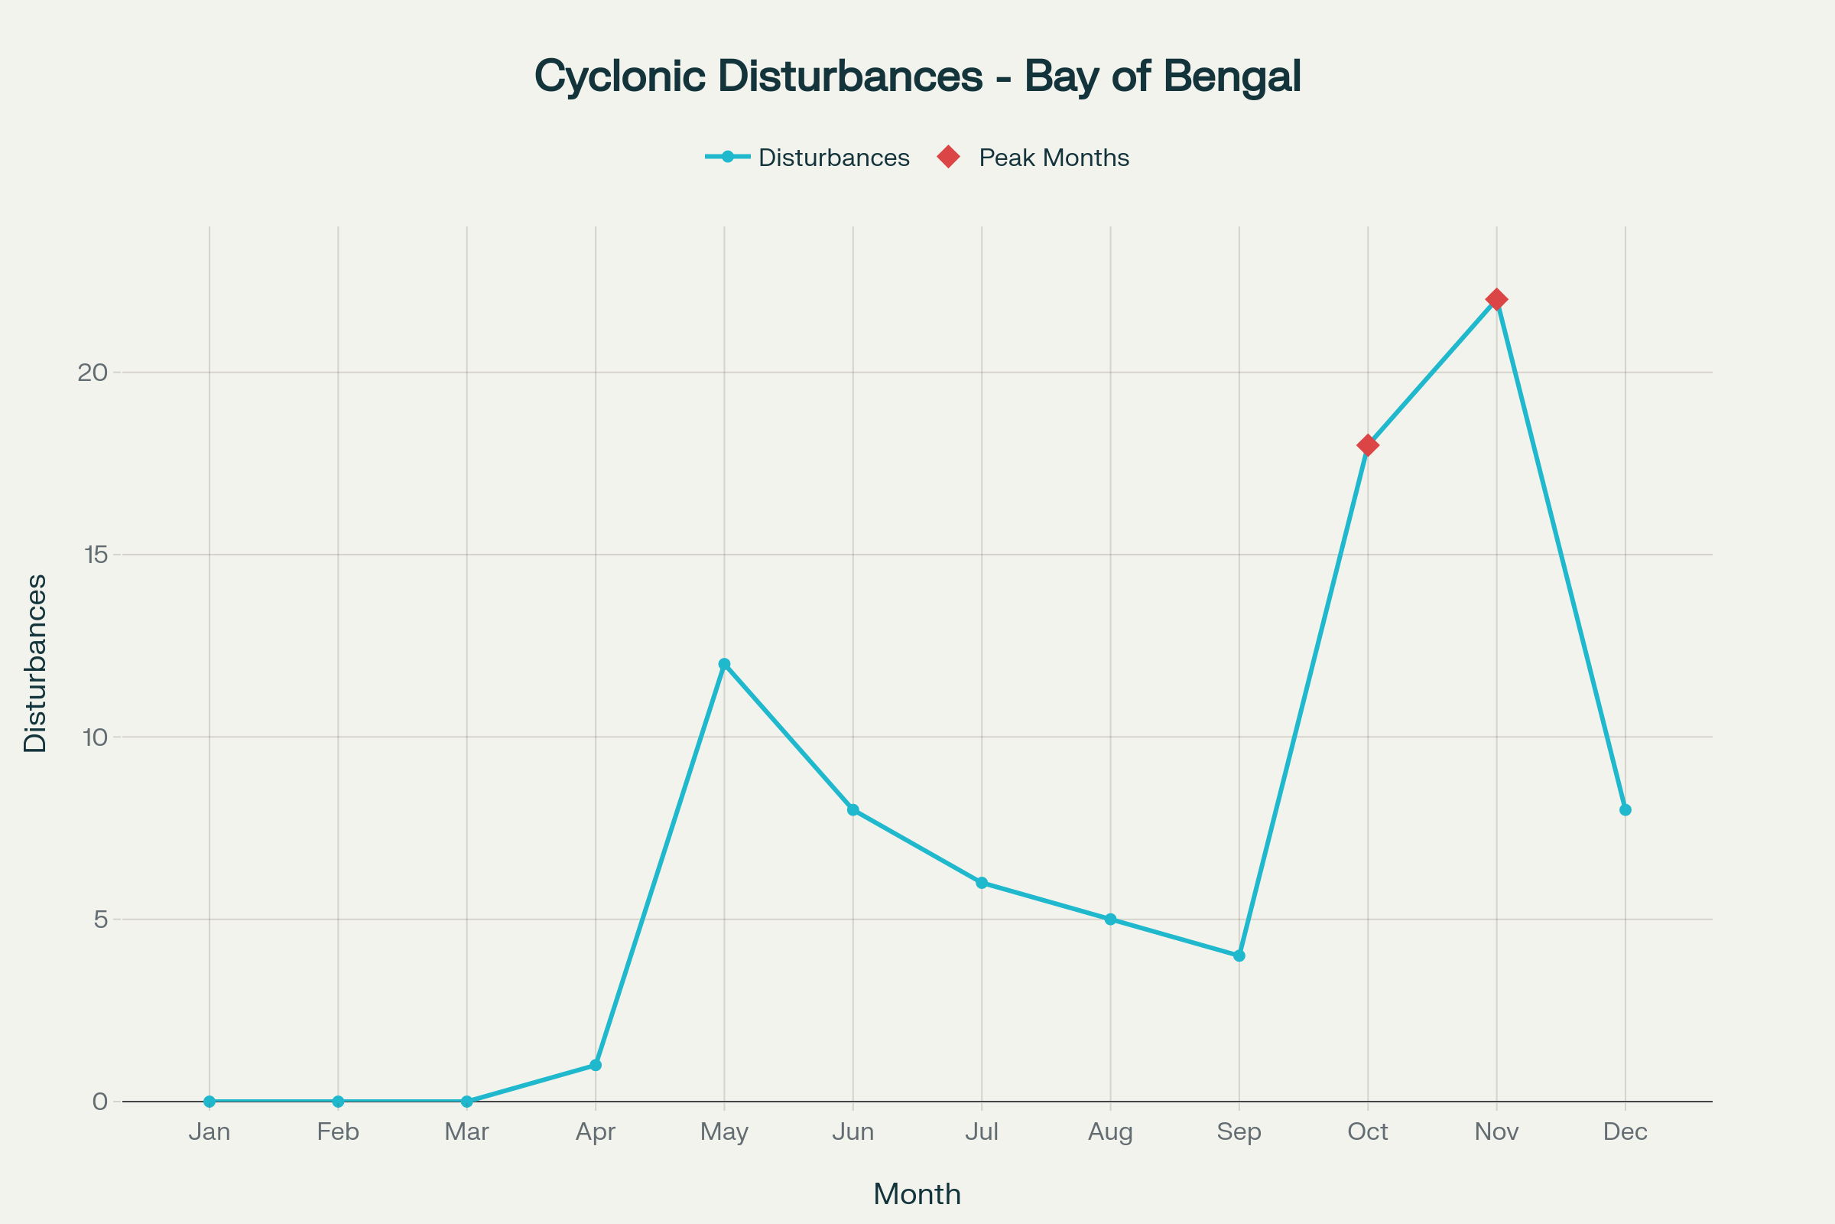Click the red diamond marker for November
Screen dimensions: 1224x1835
1496,299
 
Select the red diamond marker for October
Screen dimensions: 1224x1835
1368,445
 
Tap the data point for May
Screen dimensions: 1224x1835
724,664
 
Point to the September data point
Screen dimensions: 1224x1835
1239,955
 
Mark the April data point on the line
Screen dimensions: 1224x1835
596,1065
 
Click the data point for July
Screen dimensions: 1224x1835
982,883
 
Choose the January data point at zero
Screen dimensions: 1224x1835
209,1102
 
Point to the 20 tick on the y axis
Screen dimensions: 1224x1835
92,373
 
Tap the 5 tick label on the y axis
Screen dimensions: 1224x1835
101,920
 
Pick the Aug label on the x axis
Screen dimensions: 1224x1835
1110,1132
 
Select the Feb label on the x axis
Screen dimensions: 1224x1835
338,1132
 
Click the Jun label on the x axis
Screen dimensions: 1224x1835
853,1132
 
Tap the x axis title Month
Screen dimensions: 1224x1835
917,1194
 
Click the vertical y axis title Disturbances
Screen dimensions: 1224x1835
36,663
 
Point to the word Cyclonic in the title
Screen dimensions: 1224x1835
619,76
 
